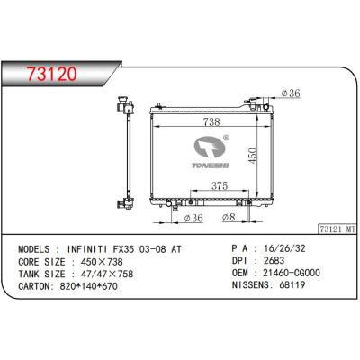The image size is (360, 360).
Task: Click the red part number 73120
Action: (52, 74)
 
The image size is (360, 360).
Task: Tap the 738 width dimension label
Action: (211, 121)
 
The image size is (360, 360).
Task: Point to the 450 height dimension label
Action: (253, 156)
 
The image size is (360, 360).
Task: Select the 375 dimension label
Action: (220, 186)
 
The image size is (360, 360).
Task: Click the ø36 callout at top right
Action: (291, 94)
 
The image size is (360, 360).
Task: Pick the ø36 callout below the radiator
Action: (193, 218)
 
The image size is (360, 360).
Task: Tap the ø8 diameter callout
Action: (229, 217)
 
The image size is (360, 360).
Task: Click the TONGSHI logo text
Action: (211, 166)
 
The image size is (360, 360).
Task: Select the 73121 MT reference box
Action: (337, 229)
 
